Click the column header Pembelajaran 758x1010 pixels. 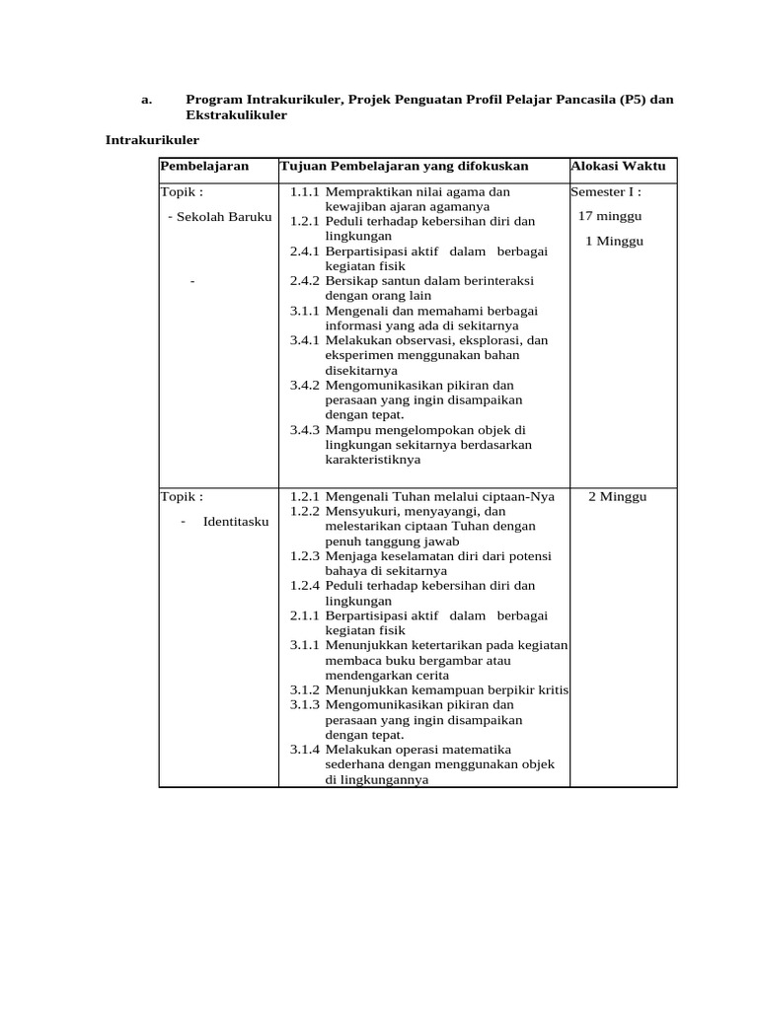(x=204, y=166)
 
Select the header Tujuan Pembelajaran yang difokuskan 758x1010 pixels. (x=404, y=166)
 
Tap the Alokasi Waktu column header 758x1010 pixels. (x=618, y=166)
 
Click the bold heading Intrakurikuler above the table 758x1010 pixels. (x=152, y=140)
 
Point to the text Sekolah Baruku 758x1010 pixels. (x=223, y=216)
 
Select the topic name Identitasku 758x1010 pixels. (x=236, y=521)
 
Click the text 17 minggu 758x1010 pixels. (x=610, y=216)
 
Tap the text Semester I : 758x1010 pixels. (x=606, y=191)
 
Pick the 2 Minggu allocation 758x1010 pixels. (x=617, y=496)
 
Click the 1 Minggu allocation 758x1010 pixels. (x=614, y=241)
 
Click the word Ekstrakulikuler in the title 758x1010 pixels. (x=236, y=115)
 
